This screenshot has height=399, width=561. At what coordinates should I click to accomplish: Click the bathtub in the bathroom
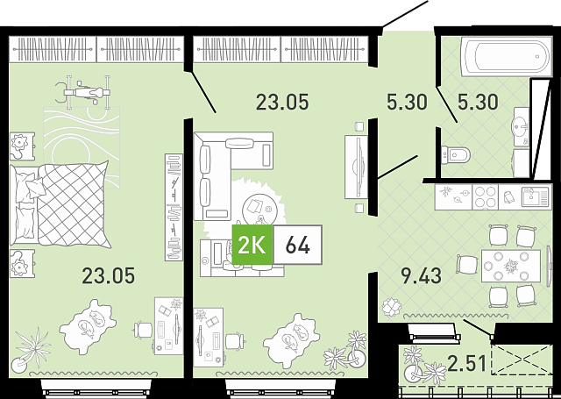tap(507, 56)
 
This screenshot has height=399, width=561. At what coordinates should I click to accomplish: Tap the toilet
tap(454, 155)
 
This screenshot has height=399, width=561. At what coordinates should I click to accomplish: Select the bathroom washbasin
tap(520, 126)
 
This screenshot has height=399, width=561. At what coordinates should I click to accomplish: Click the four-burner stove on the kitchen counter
tap(485, 196)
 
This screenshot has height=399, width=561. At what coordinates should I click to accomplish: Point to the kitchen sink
tap(535, 196)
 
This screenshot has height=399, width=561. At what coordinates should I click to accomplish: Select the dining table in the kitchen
tap(511, 266)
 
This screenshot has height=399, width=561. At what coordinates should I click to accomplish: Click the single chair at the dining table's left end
tap(465, 265)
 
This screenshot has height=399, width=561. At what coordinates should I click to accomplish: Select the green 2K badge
tap(252, 246)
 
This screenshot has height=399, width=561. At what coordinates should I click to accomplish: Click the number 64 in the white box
tap(297, 246)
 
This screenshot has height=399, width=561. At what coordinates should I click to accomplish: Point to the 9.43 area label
tap(422, 275)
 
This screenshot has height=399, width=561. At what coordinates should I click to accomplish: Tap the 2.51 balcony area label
tap(467, 363)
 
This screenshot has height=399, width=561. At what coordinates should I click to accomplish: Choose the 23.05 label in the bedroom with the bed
tap(109, 275)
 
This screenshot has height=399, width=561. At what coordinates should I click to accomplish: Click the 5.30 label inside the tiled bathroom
tap(478, 102)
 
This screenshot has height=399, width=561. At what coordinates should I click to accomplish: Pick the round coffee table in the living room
tap(259, 209)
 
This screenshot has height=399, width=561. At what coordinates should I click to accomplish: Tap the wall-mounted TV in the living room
tap(356, 167)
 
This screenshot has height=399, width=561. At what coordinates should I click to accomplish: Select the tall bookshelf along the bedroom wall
tap(174, 207)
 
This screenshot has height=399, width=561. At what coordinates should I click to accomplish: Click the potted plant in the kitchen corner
tap(392, 307)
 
